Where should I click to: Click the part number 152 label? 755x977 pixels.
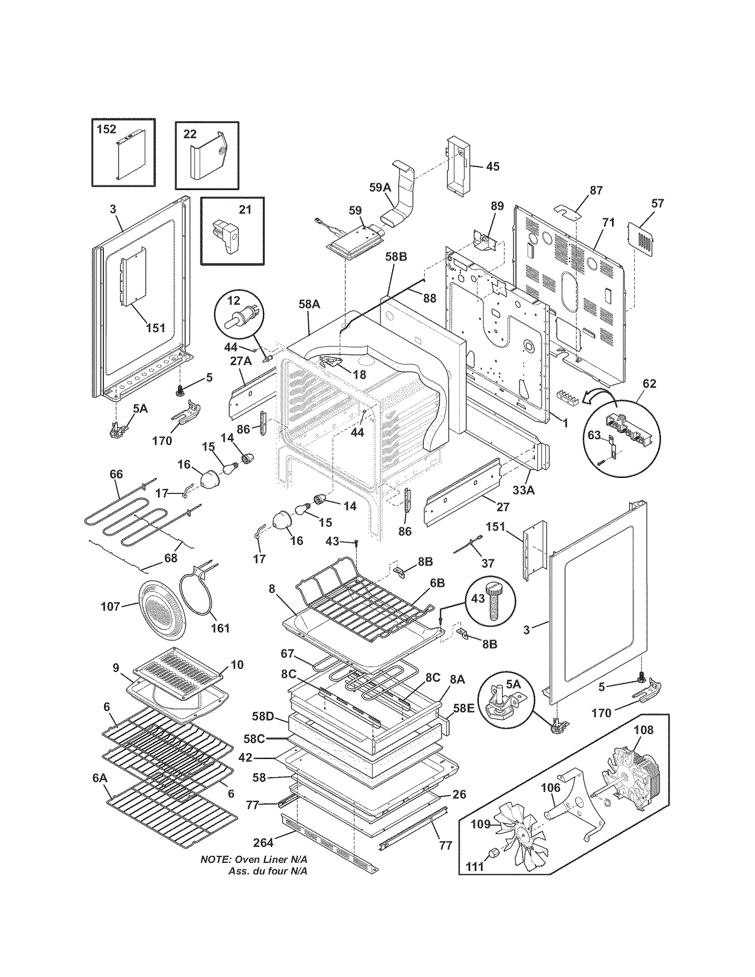click(x=107, y=129)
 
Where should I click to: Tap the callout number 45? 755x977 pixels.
click(x=492, y=167)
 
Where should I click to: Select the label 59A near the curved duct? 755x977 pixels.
click(x=380, y=187)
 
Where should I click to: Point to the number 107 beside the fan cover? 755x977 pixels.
click(x=110, y=606)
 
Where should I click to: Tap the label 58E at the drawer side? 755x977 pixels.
click(x=463, y=721)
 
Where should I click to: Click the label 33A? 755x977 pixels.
click(x=524, y=490)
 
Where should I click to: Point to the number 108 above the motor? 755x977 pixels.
click(x=643, y=730)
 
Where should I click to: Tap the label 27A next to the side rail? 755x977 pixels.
click(x=241, y=361)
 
